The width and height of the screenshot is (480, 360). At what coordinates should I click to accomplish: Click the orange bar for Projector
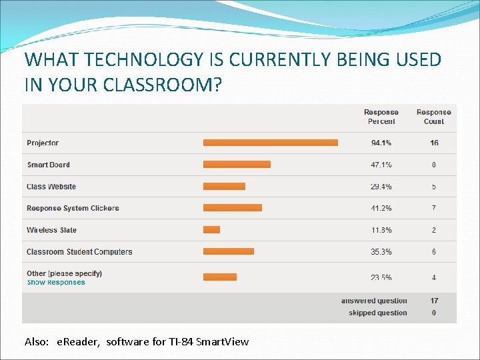[x=270, y=143]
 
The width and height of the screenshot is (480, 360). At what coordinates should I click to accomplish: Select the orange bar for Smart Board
[x=237, y=165]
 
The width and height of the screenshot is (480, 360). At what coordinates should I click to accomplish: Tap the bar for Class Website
[x=224, y=187]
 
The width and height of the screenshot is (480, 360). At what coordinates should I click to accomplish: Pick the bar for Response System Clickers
[x=232, y=208]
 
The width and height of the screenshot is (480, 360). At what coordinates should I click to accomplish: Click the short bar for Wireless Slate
[x=211, y=230]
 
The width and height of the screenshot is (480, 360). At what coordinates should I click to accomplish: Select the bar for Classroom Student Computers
[x=228, y=251]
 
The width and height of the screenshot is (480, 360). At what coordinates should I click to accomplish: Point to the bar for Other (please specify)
[x=219, y=277]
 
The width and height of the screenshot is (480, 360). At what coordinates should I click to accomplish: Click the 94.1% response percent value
[x=381, y=143]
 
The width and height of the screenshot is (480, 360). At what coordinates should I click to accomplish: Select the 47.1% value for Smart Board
[x=381, y=165]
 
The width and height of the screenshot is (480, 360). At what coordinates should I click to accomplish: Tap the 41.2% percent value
[x=381, y=209]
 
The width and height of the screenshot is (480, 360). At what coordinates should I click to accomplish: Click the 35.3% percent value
[x=381, y=252]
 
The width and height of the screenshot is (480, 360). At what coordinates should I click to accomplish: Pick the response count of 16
[x=434, y=143]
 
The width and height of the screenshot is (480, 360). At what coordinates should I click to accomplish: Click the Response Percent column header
[x=381, y=117]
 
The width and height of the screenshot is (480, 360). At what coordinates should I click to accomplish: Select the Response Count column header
[x=434, y=117]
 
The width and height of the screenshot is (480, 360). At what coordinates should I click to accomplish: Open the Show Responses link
[x=56, y=283]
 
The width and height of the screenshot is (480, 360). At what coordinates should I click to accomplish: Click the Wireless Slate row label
[x=51, y=230]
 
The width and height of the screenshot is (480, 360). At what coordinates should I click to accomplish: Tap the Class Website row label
[x=51, y=187]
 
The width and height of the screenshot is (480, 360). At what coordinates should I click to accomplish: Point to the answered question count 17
[x=434, y=301]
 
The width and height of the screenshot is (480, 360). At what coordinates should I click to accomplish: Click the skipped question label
[x=377, y=313]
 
